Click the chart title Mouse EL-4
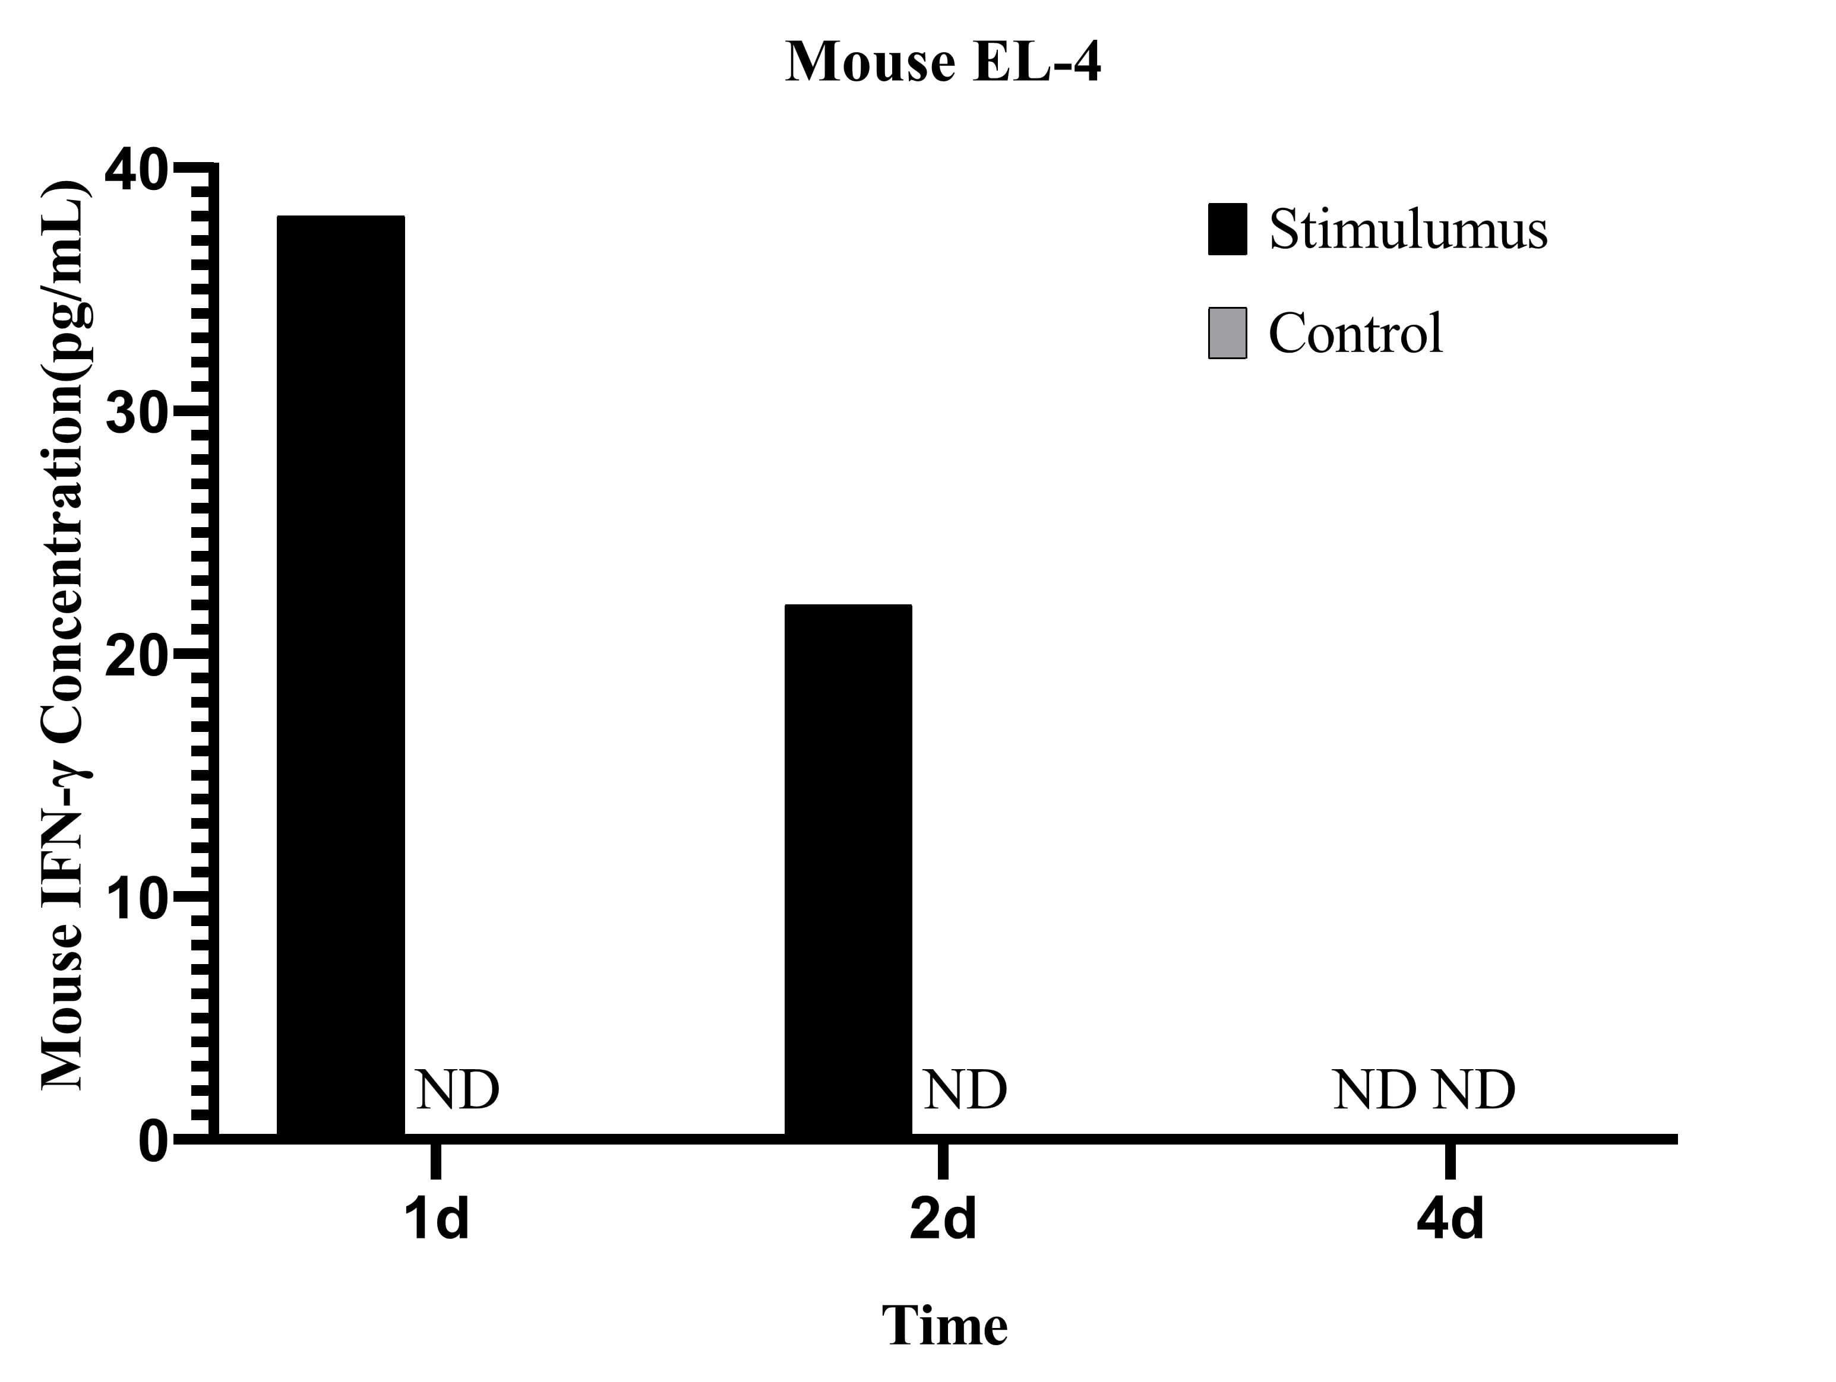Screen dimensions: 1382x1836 click(943, 63)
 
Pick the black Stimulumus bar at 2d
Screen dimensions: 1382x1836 click(848, 870)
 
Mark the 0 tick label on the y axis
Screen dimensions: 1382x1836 click(154, 1142)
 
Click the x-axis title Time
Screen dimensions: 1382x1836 click(944, 1326)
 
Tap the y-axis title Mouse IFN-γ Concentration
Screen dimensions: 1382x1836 click(65, 635)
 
